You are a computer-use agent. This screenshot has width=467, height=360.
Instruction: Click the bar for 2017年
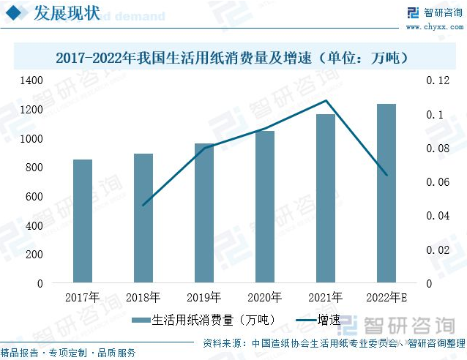click(83, 221)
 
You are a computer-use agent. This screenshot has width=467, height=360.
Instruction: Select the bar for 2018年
click(143, 218)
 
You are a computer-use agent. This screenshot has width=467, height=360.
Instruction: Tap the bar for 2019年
click(204, 213)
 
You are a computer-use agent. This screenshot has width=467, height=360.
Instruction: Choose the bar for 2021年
click(326, 198)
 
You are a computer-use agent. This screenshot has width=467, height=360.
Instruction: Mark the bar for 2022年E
click(386, 193)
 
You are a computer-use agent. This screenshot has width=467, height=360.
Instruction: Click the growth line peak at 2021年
click(326, 101)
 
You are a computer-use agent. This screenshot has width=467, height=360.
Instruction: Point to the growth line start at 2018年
click(143, 205)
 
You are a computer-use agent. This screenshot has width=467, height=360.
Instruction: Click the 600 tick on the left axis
click(34, 196)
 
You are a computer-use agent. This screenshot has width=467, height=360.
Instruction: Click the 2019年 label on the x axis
click(204, 297)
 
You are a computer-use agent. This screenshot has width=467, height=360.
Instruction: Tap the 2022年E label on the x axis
click(386, 297)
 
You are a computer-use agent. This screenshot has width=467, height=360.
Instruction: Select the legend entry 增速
click(318, 320)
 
